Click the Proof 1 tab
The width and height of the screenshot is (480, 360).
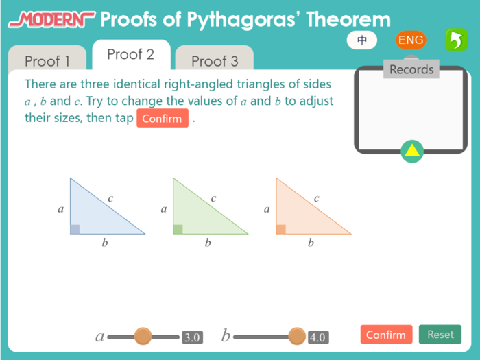(x=47, y=61)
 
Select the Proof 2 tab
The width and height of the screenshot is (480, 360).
(x=130, y=54)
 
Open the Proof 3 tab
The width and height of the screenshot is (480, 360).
(x=214, y=61)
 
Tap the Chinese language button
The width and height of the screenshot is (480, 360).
(x=363, y=40)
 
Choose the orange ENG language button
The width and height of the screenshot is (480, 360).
(x=411, y=40)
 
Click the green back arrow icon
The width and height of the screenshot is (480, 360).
(x=455, y=40)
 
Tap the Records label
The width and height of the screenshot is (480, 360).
(x=411, y=69)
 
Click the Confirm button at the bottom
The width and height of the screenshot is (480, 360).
(x=386, y=335)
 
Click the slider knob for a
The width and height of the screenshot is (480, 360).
(x=143, y=336)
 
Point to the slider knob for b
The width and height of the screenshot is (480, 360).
(x=297, y=336)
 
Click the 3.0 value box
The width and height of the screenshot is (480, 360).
(x=192, y=337)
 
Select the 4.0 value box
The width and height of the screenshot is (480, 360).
(x=317, y=337)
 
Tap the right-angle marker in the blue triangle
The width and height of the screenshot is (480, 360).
(x=75, y=229)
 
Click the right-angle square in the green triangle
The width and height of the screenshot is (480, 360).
(x=178, y=229)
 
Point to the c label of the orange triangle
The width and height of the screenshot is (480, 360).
(x=317, y=199)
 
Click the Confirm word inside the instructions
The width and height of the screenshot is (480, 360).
(x=163, y=119)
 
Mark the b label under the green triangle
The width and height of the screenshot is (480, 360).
(x=208, y=243)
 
